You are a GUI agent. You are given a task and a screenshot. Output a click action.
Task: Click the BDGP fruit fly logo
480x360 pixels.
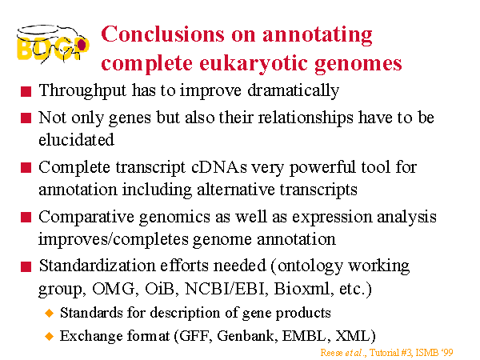tap(53, 44)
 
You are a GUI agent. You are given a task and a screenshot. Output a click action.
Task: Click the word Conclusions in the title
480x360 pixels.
tap(162, 34)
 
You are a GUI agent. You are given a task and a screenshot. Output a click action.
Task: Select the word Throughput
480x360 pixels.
tap(82, 91)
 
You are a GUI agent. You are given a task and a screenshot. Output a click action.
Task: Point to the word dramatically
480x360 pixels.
tap(293, 90)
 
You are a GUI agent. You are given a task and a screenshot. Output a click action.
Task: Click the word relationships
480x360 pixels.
tap(306, 118)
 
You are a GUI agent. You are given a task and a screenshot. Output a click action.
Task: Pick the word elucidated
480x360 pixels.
tap(76, 140)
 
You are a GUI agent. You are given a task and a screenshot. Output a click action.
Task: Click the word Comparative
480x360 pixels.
tap(86, 218)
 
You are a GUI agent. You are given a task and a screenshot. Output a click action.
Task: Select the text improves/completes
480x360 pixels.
tap(114, 240)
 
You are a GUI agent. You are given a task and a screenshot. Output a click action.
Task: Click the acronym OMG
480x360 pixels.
tap(113, 289)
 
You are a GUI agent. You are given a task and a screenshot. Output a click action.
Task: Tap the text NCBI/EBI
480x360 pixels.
tap(225, 289)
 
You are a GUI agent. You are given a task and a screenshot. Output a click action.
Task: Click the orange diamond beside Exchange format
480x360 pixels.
tap(49, 337)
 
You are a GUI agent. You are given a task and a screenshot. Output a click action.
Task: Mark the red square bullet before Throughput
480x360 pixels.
tap(26, 92)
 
